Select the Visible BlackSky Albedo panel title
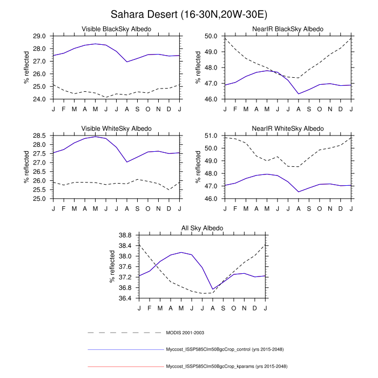(x=116, y=29)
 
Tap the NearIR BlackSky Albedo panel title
(x=288, y=29)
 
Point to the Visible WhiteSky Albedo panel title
(x=116, y=129)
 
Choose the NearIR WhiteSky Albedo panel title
(x=288, y=129)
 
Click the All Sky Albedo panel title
(x=202, y=228)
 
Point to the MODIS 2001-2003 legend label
(x=185, y=333)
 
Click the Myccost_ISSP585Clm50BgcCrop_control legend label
(x=226, y=350)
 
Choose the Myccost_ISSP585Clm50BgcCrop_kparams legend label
(x=226, y=367)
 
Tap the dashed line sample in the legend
(x=124, y=333)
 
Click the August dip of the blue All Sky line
(x=213, y=289)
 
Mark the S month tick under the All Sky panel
(x=223, y=307)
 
